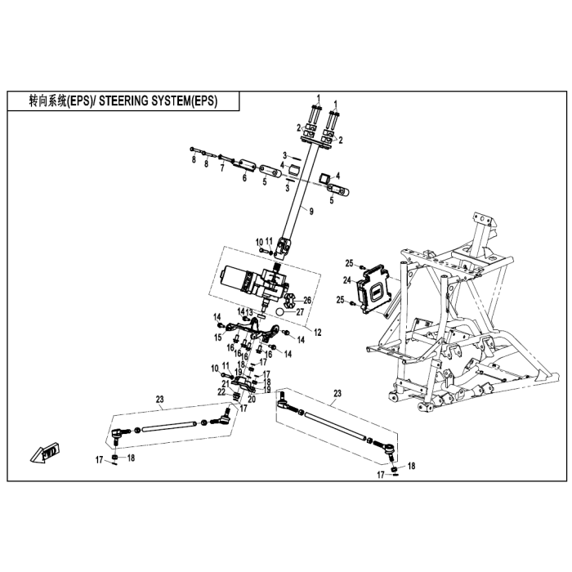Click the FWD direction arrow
coord(46,453)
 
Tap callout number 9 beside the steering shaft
coord(311,211)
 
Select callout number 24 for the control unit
coord(347,280)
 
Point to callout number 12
coord(318,333)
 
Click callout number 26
coord(307,300)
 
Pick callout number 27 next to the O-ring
coord(300,312)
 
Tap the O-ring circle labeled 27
coord(279,312)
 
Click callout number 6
coord(244,177)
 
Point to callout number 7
coord(221,168)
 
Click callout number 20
coord(252,399)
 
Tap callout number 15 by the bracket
coord(218,337)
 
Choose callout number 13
coord(249,313)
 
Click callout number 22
coord(221,391)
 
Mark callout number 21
coord(226,384)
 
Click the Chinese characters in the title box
coord(47,101)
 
